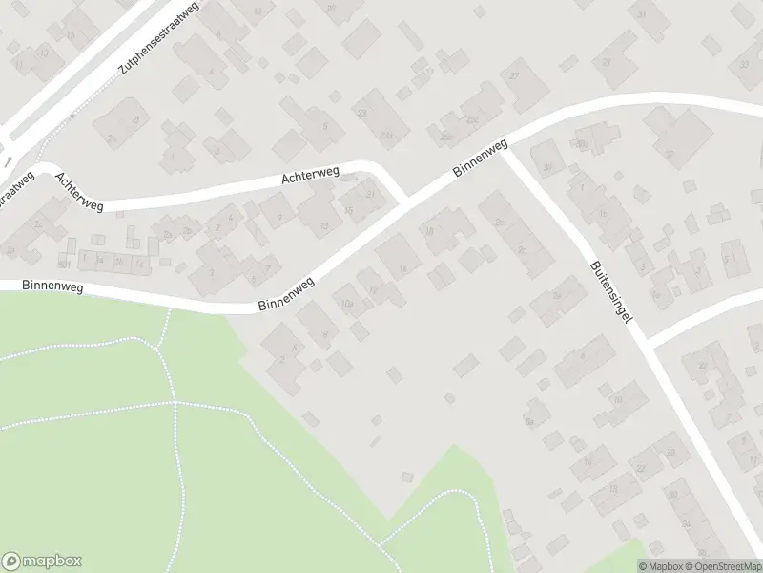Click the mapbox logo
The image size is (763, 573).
(x=42, y=561)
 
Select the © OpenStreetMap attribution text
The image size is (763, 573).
(x=722, y=566)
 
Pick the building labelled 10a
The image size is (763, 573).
(x=347, y=305)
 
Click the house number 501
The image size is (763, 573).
(x=64, y=265)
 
